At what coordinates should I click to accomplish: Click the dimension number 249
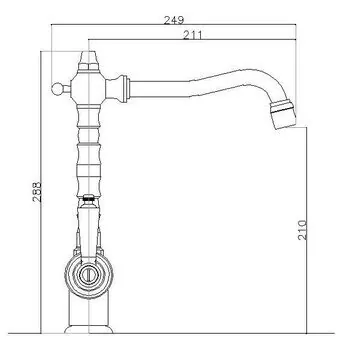tap(174, 20)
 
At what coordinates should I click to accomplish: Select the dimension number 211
tap(192, 35)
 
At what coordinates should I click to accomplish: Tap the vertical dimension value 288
tap(37, 192)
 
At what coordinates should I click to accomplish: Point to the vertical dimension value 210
tap(302, 230)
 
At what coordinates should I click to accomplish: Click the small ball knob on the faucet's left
tap(57, 89)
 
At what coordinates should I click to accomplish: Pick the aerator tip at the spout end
tap(283, 114)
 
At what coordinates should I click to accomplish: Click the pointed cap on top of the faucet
tap(89, 61)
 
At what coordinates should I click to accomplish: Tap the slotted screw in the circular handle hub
tap(89, 275)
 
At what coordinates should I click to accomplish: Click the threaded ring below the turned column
tap(89, 197)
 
